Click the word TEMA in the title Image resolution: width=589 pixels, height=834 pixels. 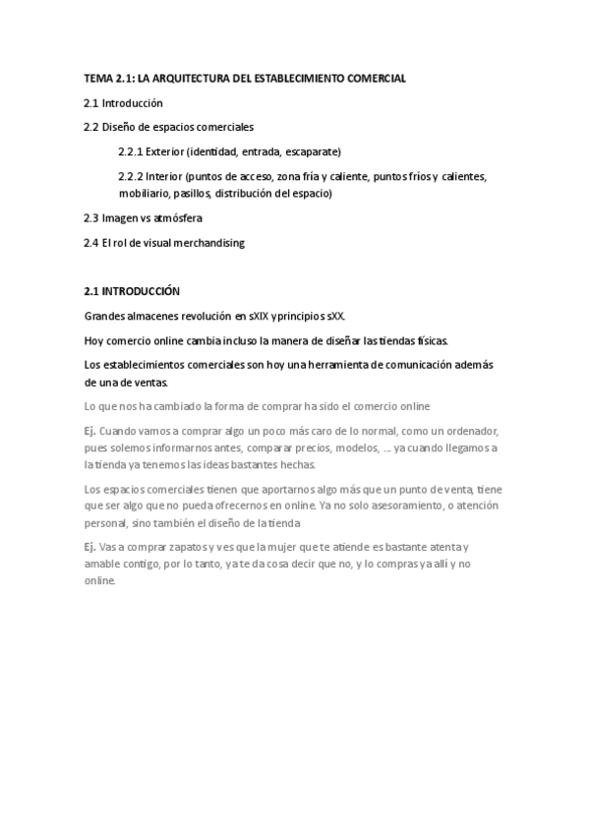(x=99, y=77)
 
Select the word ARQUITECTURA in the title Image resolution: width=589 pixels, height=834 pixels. (x=192, y=77)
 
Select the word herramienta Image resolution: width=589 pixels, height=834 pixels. (x=336, y=365)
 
